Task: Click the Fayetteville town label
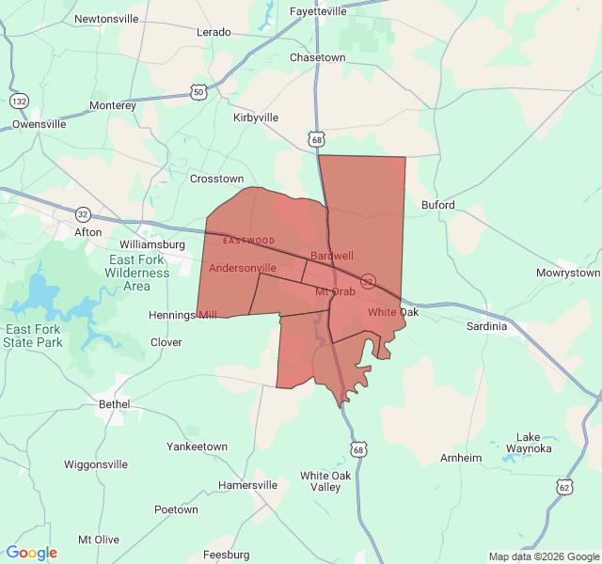[318, 11]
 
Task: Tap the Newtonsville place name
[106, 19]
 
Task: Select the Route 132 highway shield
[19, 100]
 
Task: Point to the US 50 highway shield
[198, 91]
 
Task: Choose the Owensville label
[40, 123]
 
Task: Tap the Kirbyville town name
[256, 117]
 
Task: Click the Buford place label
[438, 205]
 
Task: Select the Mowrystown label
[567, 273]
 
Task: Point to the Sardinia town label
[486, 326]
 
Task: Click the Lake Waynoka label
[534, 443]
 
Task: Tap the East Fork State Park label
[33, 336]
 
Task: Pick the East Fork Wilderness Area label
[137, 273]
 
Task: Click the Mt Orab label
[335, 291]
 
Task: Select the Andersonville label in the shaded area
[243, 268]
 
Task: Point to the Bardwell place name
[331, 256]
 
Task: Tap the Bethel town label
[115, 403]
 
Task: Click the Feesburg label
[226, 555]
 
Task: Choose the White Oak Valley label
[325, 481]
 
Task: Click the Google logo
[32, 553]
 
